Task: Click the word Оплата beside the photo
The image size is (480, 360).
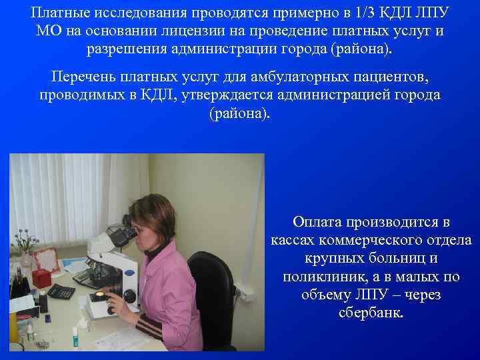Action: coord(319,222)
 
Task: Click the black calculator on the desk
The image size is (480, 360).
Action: coord(61,291)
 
